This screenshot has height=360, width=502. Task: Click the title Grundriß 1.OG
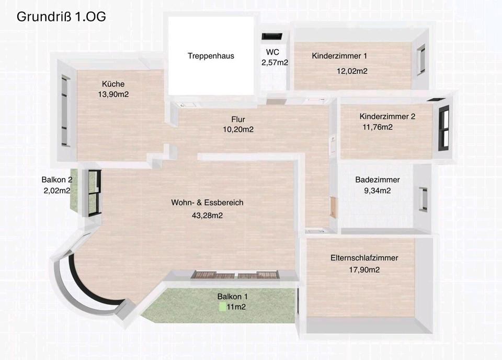pos(61,17)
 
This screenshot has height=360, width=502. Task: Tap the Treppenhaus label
pos(211,56)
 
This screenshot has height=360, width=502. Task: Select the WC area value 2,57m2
pos(275,62)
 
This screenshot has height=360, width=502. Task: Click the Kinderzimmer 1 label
pos(339,56)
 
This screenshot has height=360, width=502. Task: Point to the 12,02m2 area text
pos(352,71)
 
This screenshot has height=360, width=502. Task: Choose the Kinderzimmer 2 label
pos(387,116)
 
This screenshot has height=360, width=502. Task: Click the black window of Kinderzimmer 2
pos(444,128)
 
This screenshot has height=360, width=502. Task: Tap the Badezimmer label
pos(378,179)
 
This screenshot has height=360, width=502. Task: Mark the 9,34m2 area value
pos(377,190)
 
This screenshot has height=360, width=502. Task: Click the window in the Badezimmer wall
pos(423,199)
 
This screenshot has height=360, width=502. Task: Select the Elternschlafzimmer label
pos(364,258)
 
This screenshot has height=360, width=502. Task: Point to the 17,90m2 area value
pos(364,269)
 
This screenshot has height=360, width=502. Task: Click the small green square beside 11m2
pos(223,307)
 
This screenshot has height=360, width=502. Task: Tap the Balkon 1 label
pos(232,296)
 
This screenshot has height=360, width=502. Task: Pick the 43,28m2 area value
pos(207,216)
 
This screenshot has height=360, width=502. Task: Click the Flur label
pos(238,119)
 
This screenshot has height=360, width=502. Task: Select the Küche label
pos(113,84)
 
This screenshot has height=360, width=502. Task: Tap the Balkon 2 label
pos(57,179)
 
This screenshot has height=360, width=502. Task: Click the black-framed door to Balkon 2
pos(95,193)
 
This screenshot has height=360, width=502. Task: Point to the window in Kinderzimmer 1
pos(421,60)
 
